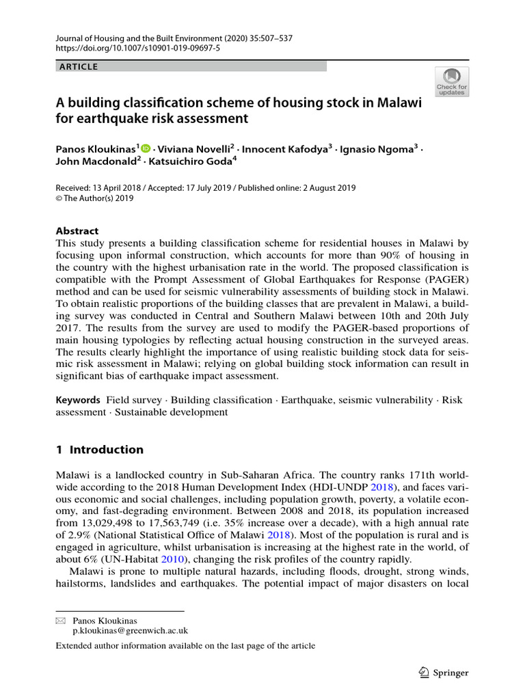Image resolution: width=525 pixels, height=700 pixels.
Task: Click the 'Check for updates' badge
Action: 452,81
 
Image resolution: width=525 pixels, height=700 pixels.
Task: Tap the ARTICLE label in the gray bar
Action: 79,66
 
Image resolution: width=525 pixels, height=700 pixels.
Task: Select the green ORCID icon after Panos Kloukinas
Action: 146,148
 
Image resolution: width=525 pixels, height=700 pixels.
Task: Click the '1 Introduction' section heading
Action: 99,450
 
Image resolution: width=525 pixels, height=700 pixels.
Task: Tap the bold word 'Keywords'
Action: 79,399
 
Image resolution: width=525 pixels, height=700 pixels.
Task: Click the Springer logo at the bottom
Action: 443,673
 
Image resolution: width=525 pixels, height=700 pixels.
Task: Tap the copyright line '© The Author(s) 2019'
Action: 94,199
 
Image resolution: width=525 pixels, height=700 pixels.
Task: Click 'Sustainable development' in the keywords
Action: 171,412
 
